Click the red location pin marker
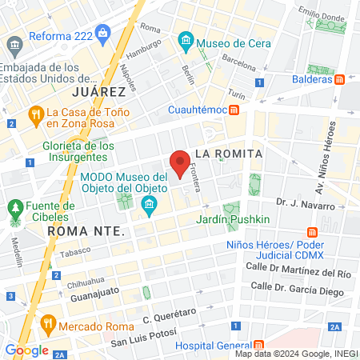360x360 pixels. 181,163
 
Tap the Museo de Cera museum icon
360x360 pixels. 186,39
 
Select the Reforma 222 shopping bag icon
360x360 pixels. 102,33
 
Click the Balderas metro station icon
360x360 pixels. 339,79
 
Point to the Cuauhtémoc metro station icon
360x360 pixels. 234,110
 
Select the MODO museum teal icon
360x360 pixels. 149,208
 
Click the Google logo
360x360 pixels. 26,350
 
